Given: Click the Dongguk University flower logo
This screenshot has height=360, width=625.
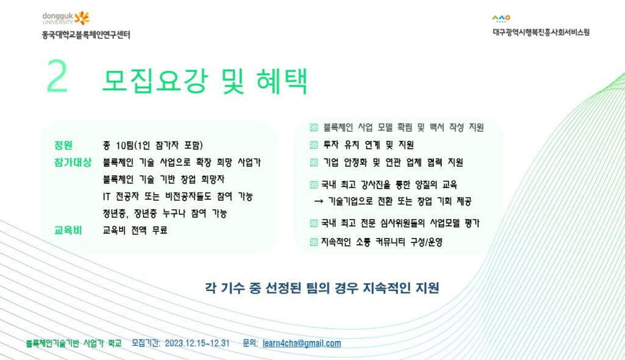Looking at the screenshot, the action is (x=82, y=18).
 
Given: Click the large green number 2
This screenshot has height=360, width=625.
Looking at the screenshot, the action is (x=57, y=76).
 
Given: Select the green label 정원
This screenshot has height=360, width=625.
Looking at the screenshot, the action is (x=63, y=145).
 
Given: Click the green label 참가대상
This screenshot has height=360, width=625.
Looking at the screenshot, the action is (x=73, y=162).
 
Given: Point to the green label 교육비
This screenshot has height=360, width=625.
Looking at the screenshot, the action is (x=68, y=231).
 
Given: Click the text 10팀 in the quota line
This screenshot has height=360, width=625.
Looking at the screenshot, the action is (x=125, y=145).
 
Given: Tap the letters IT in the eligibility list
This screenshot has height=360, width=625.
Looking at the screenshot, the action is (x=106, y=196).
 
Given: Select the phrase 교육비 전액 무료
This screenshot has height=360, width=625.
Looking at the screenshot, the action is (x=135, y=231).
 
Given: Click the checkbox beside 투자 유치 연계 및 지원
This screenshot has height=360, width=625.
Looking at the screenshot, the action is (x=314, y=145).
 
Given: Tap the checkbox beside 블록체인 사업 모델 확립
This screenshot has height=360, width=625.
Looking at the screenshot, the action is (x=314, y=128).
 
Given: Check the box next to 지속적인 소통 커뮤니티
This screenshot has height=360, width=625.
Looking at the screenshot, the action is (x=314, y=242).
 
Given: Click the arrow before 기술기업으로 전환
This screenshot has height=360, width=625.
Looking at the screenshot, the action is (x=319, y=202).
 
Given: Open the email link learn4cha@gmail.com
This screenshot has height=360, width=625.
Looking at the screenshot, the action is (x=302, y=344).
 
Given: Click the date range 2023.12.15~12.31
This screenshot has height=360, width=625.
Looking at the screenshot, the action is (x=197, y=344).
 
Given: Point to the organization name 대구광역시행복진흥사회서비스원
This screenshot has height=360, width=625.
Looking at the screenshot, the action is (x=541, y=32).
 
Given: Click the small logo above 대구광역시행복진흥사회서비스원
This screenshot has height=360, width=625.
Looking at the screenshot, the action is (x=501, y=18).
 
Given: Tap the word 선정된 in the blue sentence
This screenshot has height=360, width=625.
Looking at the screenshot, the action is (x=283, y=288).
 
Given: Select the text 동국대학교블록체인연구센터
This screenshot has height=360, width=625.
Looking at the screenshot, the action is (x=86, y=35).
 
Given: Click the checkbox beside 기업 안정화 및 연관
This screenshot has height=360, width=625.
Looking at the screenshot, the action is (x=314, y=162).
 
